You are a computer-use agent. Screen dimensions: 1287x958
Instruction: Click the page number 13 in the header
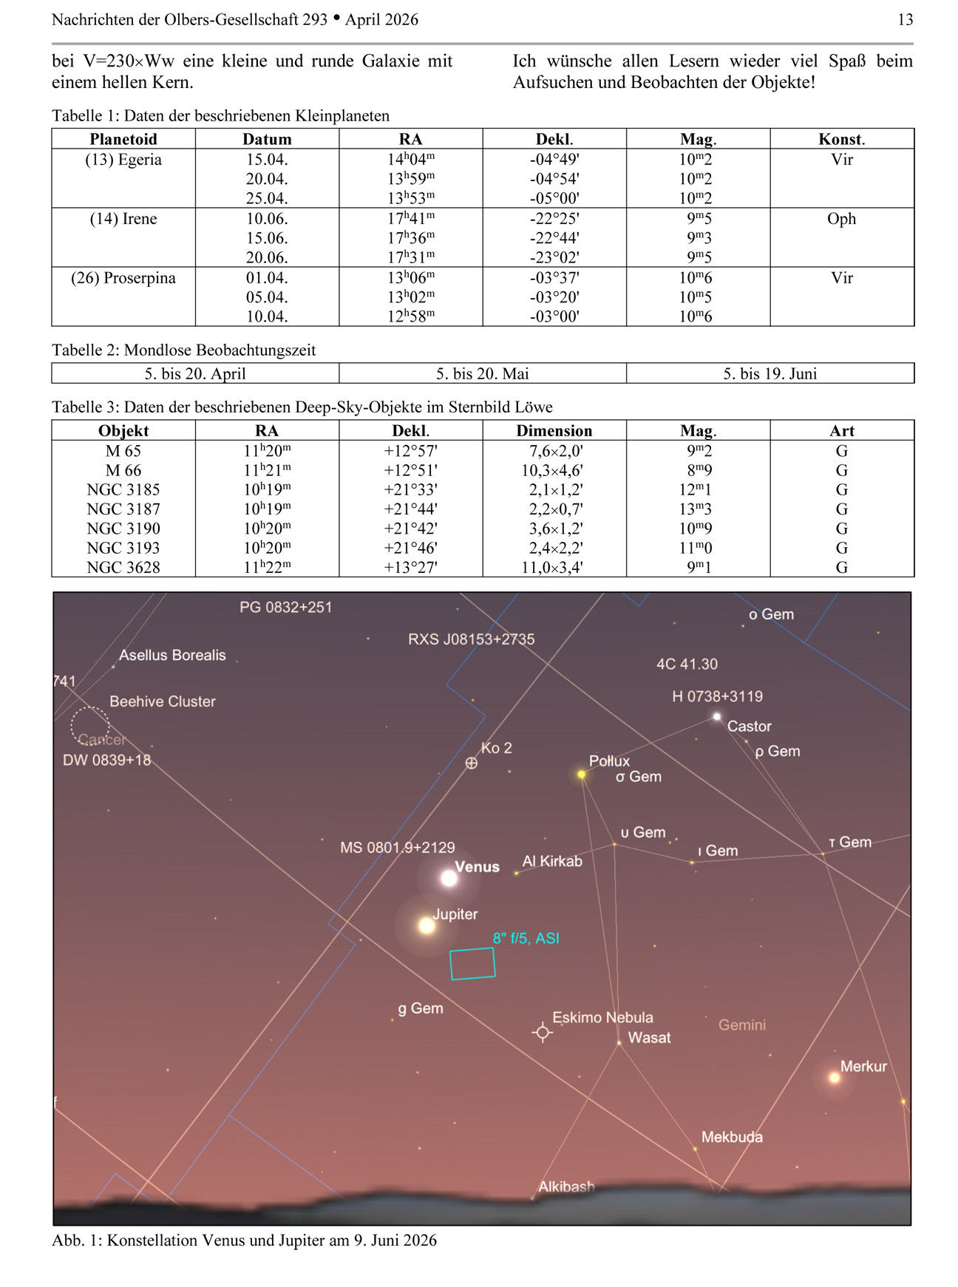point(905,20)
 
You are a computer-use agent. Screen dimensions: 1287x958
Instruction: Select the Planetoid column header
point(123,139)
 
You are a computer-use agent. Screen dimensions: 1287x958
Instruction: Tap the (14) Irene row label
point(123,219)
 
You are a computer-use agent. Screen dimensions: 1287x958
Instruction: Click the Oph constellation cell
point(841,219)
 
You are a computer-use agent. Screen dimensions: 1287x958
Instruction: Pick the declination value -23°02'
point(554,257)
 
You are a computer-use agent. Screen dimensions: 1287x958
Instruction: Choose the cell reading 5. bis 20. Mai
point(482,373)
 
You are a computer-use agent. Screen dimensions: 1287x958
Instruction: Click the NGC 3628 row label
point(123,567)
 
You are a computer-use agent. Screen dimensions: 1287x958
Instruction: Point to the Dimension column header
point(554,431)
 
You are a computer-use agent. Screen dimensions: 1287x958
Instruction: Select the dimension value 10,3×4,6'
point(554,470)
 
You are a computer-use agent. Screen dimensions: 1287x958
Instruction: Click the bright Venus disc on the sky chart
point(449,878)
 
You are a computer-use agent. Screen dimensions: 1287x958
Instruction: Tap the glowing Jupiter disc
point(427,926)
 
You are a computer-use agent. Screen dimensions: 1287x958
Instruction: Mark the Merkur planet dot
point(835,1078)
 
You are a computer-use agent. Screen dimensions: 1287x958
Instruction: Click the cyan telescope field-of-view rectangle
point(472,964)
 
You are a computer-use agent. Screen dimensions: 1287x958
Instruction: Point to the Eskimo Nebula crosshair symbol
point(543,1032)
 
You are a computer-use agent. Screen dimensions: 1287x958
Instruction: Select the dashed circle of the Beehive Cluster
point(90,725)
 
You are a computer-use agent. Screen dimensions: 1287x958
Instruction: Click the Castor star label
point(749,726)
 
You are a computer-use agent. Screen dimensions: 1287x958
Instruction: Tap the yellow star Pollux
point(582,774)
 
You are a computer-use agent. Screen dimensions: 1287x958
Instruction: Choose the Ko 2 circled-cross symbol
point(471,763)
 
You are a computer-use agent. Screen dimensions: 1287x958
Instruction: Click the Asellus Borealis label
point(172,655)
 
